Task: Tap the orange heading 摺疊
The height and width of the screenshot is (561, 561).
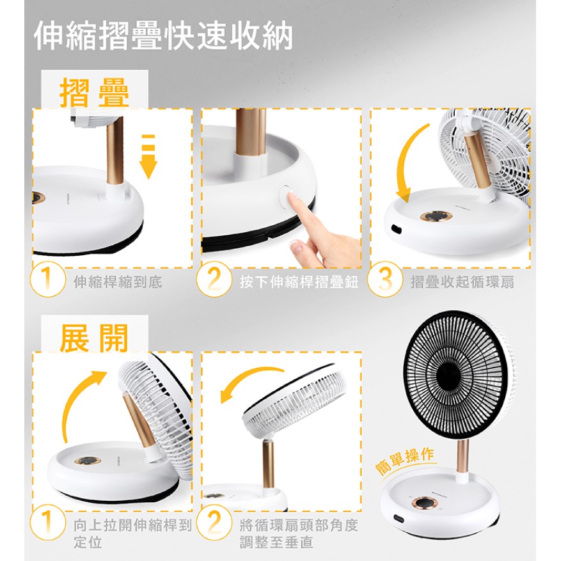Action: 94,93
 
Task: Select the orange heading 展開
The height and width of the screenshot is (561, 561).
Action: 94,338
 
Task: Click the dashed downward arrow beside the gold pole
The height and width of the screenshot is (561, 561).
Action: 148,156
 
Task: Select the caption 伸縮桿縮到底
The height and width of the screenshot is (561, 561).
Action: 118,282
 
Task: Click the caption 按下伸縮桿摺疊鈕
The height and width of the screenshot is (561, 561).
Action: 299,282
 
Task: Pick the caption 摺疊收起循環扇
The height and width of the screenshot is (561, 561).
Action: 462,282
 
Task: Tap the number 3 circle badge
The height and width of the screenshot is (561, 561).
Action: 384,279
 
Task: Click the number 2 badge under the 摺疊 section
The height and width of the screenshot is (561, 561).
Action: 214,279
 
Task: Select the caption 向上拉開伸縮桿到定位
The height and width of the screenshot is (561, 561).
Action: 132,533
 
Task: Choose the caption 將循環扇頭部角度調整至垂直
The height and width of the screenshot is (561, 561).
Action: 299,533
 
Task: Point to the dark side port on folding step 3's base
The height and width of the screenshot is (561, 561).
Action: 397,228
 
